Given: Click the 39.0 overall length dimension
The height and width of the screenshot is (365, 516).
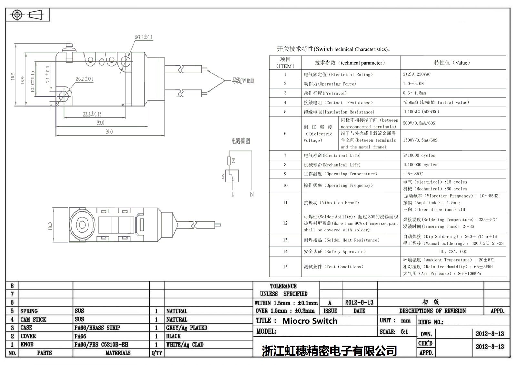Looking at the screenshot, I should click(109, 132).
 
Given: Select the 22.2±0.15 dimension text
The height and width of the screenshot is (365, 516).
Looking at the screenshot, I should click(92, 114).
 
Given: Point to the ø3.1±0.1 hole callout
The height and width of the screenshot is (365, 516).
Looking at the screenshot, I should click(144, 37).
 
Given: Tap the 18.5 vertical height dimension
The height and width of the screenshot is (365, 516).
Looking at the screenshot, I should click(13, 76).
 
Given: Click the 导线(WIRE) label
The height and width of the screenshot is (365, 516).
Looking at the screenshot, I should click(243, 81).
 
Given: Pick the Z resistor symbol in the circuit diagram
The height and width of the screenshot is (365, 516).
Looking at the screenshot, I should click(229, 161).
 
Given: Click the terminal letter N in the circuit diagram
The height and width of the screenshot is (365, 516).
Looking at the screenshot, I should click(252, 194).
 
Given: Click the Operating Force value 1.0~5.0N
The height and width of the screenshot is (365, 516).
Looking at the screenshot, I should click(413, 84).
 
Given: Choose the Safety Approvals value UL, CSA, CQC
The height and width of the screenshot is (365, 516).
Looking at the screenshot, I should click(453, 251).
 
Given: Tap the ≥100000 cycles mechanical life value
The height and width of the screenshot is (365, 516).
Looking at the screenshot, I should click(420, 165).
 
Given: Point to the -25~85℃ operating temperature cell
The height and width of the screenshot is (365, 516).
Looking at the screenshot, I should click(413, 174).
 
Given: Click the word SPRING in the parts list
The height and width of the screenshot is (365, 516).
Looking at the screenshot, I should click(29, 311).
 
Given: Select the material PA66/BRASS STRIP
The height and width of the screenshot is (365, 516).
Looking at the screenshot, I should click(97, 328).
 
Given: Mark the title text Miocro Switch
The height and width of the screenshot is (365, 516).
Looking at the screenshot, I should click(310, 321).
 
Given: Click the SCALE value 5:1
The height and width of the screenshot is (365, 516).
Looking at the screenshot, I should click(404, 331).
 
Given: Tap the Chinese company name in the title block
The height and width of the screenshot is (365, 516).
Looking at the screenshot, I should click(329, 351).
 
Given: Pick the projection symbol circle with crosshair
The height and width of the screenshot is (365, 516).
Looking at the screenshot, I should click(17, 15).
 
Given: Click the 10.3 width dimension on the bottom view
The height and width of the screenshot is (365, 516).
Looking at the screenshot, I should click(50, 226).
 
